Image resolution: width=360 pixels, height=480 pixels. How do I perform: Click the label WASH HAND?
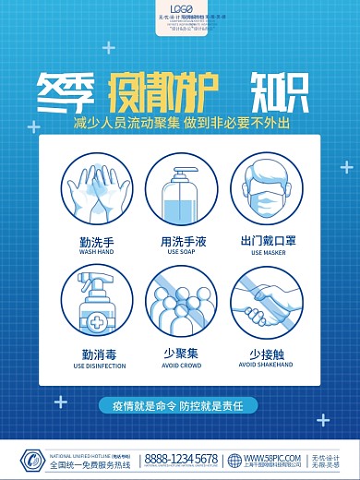point(95,251)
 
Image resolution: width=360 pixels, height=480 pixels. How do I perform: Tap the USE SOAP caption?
point(180,251)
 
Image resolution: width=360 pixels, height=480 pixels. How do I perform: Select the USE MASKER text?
point(266,252)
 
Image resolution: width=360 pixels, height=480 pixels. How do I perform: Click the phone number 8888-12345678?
point(182,458)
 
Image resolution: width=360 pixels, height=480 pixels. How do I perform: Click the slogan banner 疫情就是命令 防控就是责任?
point(180,404)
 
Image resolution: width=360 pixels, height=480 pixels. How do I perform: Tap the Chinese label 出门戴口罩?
point(266,240)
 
